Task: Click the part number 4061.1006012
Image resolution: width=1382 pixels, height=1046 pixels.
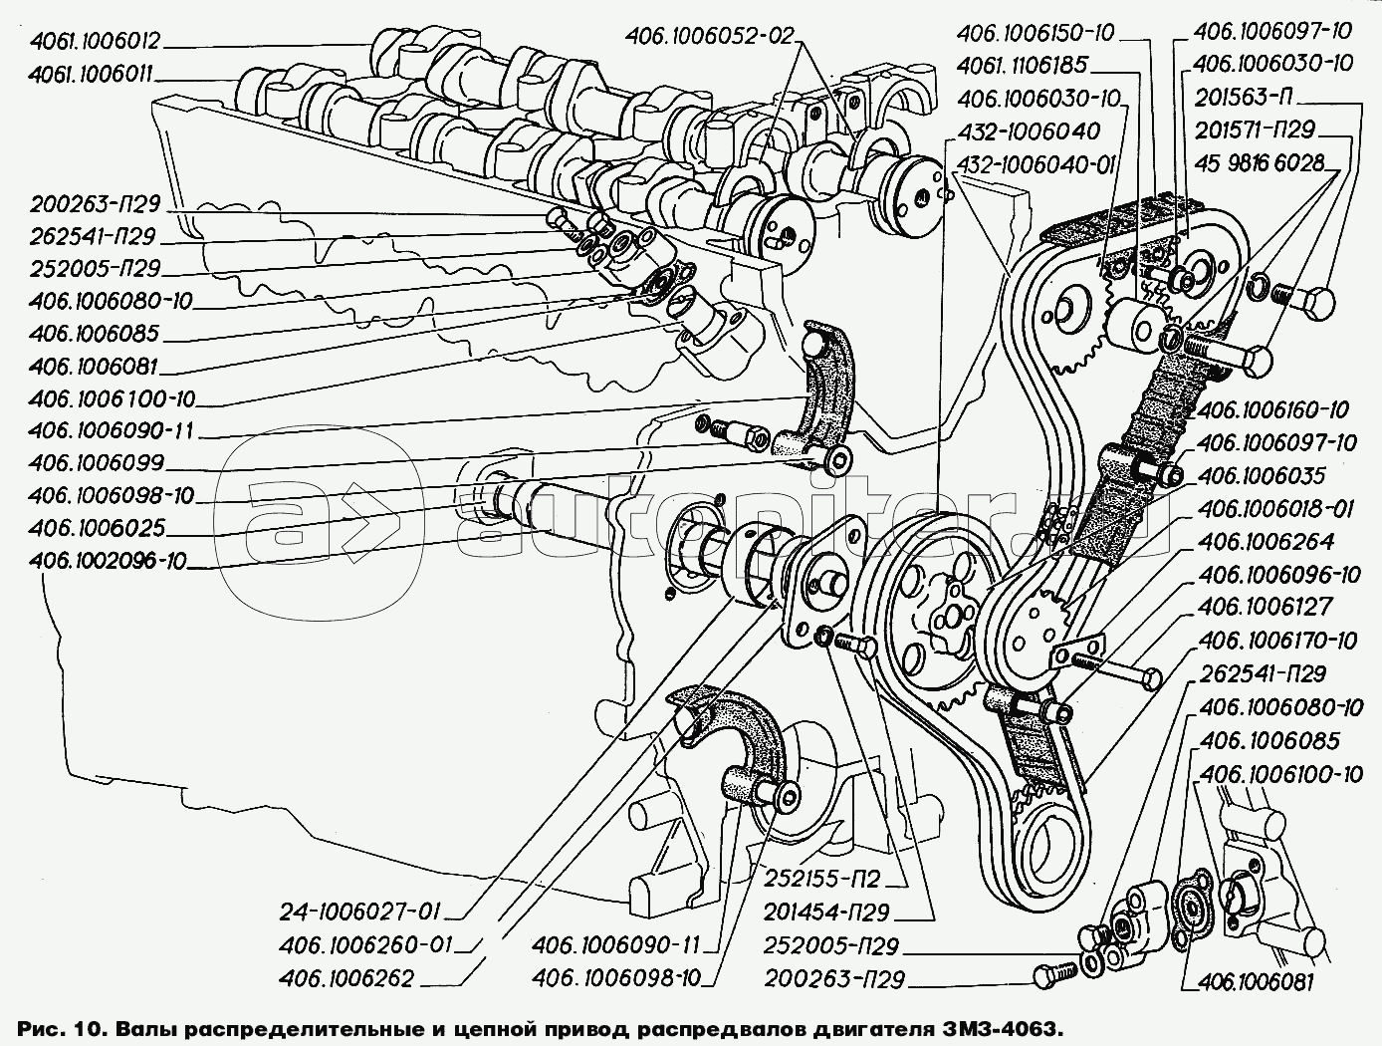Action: click(95, 42)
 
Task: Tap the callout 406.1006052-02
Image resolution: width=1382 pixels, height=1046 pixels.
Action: click(710, 36)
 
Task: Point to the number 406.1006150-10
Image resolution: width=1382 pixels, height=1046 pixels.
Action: click(1036, 34)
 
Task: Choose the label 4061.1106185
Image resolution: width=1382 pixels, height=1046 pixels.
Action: click(1023, 66)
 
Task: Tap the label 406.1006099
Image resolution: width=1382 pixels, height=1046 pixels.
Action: click(97, 463)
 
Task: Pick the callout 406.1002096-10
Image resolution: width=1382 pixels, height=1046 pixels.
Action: click(108, 560)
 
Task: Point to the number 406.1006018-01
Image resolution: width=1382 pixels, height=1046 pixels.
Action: click(1275, 509)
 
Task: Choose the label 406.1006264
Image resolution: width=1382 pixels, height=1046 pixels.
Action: click(1266, 542)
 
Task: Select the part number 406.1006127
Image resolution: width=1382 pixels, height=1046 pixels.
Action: click(1265, 607)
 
